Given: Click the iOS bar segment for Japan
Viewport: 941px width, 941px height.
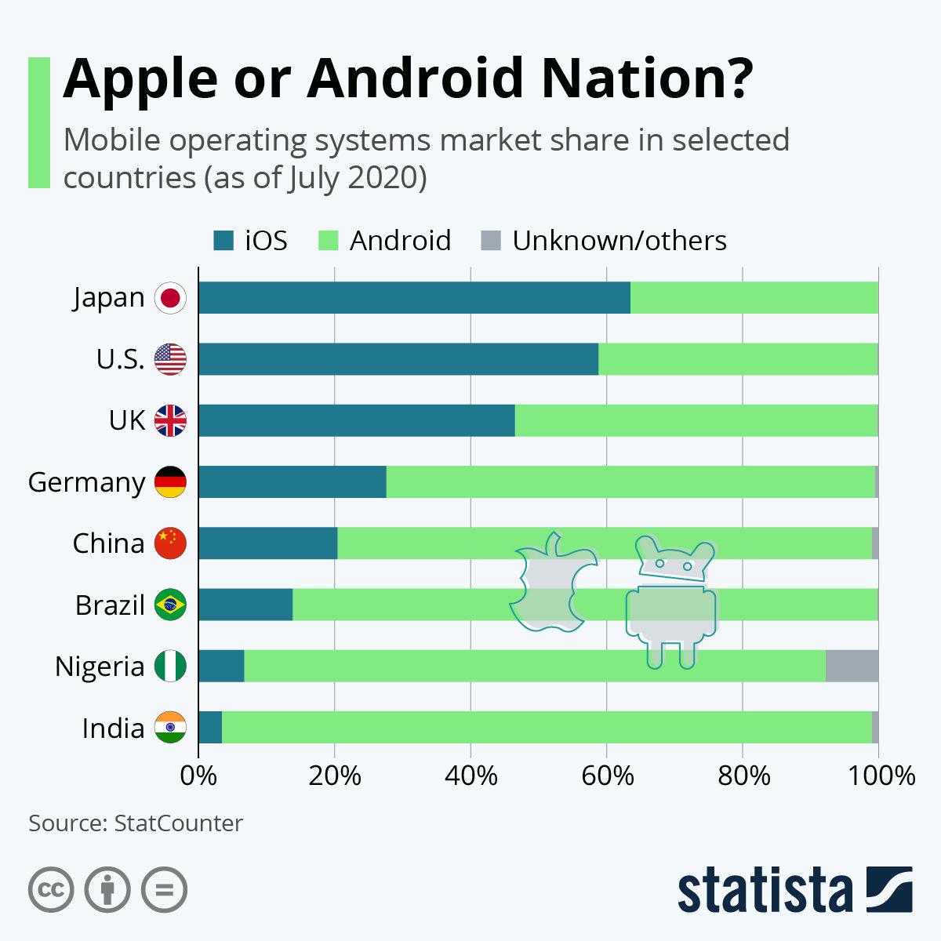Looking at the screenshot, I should pos(414,298).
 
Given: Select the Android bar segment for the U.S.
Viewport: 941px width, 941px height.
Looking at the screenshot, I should pos(737,359).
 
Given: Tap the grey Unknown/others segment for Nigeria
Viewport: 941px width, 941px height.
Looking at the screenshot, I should pos(852,666).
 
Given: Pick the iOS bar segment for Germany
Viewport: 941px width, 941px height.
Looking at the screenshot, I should pos(292,481).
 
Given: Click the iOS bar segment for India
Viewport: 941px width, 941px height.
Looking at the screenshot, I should pos(210,728).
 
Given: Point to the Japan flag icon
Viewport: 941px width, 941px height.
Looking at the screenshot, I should pos(170,298).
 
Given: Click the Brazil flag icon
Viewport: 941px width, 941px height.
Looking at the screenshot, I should pos(170,605).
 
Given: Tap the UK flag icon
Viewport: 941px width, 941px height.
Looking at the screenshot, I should pos(170,421).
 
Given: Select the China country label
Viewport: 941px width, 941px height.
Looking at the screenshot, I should pos(108,543).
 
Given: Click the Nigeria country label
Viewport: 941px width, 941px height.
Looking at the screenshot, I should pos(100,667).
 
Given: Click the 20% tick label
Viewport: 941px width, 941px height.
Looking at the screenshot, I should pos(335,776).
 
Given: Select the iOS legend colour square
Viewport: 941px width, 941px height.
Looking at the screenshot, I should pos(223,241).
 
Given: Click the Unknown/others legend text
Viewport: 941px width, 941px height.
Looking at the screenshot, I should pos(619,241).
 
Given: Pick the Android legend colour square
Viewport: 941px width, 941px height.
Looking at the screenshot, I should pos(329,241).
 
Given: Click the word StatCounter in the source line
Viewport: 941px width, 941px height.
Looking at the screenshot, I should pos(178,823).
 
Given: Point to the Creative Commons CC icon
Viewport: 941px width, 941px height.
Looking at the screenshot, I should pos(51,890).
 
